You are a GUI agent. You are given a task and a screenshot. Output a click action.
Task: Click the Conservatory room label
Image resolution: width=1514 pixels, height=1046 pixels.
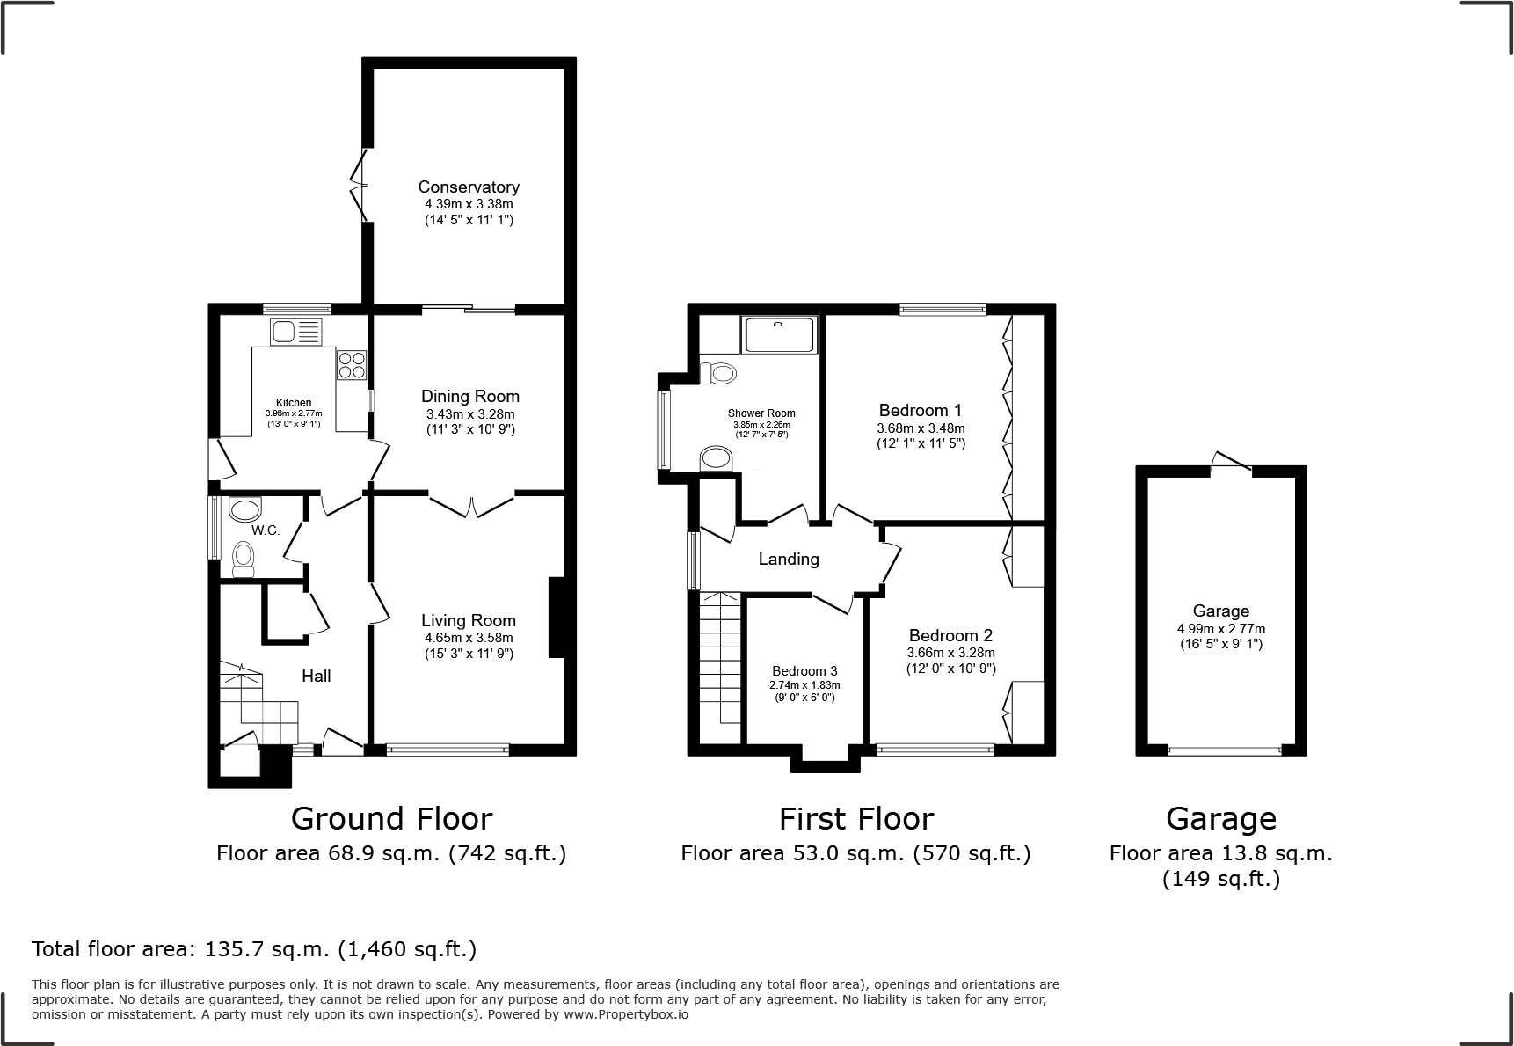[469, 187]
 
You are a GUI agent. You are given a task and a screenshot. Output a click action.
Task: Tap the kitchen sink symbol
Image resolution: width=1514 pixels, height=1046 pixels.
[296, 332]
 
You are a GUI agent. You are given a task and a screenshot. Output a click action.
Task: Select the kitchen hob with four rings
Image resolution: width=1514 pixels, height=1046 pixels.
[351, 364]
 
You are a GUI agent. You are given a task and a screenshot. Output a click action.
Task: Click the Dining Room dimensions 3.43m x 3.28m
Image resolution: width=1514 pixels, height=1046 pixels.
[469, 414]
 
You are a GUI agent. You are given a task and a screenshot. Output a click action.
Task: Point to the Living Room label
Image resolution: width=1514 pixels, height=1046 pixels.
[468, 620]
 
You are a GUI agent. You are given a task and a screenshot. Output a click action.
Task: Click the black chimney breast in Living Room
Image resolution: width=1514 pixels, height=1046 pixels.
[556, 617]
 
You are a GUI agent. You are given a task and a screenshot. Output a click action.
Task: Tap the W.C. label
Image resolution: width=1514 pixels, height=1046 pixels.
[266, 530]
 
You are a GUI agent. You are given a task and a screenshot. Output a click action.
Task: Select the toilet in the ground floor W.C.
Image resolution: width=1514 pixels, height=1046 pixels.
[244, 559]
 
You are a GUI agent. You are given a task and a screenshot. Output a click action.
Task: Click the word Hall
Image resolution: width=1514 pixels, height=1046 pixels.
[316, 676]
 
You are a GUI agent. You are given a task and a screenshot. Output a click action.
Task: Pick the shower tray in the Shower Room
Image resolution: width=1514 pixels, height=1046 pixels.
[780, 334]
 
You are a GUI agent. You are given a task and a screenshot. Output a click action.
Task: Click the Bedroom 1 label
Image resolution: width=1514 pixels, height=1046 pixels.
[920, 410]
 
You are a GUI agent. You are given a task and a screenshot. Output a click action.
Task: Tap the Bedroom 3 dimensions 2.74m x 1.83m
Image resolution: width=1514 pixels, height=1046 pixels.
[804, 685]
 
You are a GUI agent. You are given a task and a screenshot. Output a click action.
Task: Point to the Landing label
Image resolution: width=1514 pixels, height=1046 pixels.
[789, 559]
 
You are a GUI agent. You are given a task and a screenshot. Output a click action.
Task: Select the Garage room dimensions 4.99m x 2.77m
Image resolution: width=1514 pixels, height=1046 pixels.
[1220, 629]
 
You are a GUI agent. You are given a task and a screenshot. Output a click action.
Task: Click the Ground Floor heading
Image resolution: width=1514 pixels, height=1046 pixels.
[391, 818]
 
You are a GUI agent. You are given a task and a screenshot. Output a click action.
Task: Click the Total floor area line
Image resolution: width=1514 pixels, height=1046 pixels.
[254, 949]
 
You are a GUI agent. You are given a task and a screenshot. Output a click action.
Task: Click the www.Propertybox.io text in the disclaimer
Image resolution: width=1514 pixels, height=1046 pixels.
[625, 1014]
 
